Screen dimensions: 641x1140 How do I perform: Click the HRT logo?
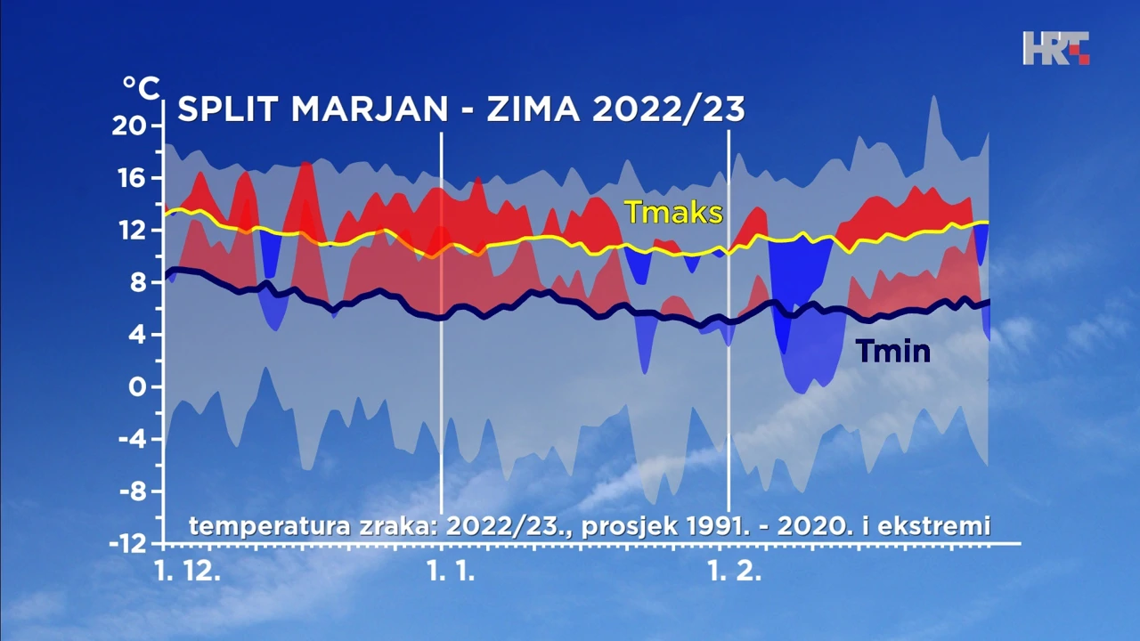1055,48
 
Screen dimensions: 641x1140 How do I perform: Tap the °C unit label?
141,88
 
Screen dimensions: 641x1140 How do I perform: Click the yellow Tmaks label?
672,213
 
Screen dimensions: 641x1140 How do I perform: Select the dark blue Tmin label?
892,352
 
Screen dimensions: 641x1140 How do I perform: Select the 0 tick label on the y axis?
138,387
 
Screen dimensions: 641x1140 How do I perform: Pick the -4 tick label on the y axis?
132,439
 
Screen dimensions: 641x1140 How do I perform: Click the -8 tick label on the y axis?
132,491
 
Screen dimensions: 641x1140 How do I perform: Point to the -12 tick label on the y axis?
128,543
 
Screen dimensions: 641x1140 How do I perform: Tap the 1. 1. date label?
451,572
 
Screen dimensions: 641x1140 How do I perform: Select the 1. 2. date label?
735,572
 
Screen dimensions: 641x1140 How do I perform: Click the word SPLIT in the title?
228,110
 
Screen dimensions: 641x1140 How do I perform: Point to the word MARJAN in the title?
369,110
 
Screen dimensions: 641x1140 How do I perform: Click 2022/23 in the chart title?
668,110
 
